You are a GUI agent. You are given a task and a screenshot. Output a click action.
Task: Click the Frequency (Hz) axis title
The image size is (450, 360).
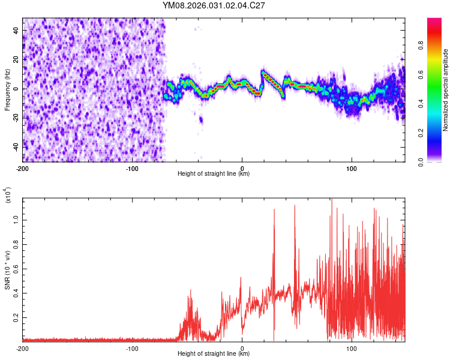(7, 89)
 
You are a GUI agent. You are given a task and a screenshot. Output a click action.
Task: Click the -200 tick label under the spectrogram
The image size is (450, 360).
(22, 167)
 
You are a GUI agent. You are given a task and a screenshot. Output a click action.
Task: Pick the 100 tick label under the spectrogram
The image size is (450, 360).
(352, 167)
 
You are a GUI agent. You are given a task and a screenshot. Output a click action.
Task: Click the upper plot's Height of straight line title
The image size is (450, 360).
(214, 174)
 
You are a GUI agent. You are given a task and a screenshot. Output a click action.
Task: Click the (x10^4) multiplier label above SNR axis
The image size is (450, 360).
(8, 195)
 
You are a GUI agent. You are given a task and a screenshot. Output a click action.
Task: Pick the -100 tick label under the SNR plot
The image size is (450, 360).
(132, 347)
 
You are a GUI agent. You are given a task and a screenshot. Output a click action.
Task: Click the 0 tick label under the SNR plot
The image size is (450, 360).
(242, 347)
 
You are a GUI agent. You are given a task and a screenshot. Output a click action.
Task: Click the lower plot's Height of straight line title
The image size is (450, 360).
(214, 354)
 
